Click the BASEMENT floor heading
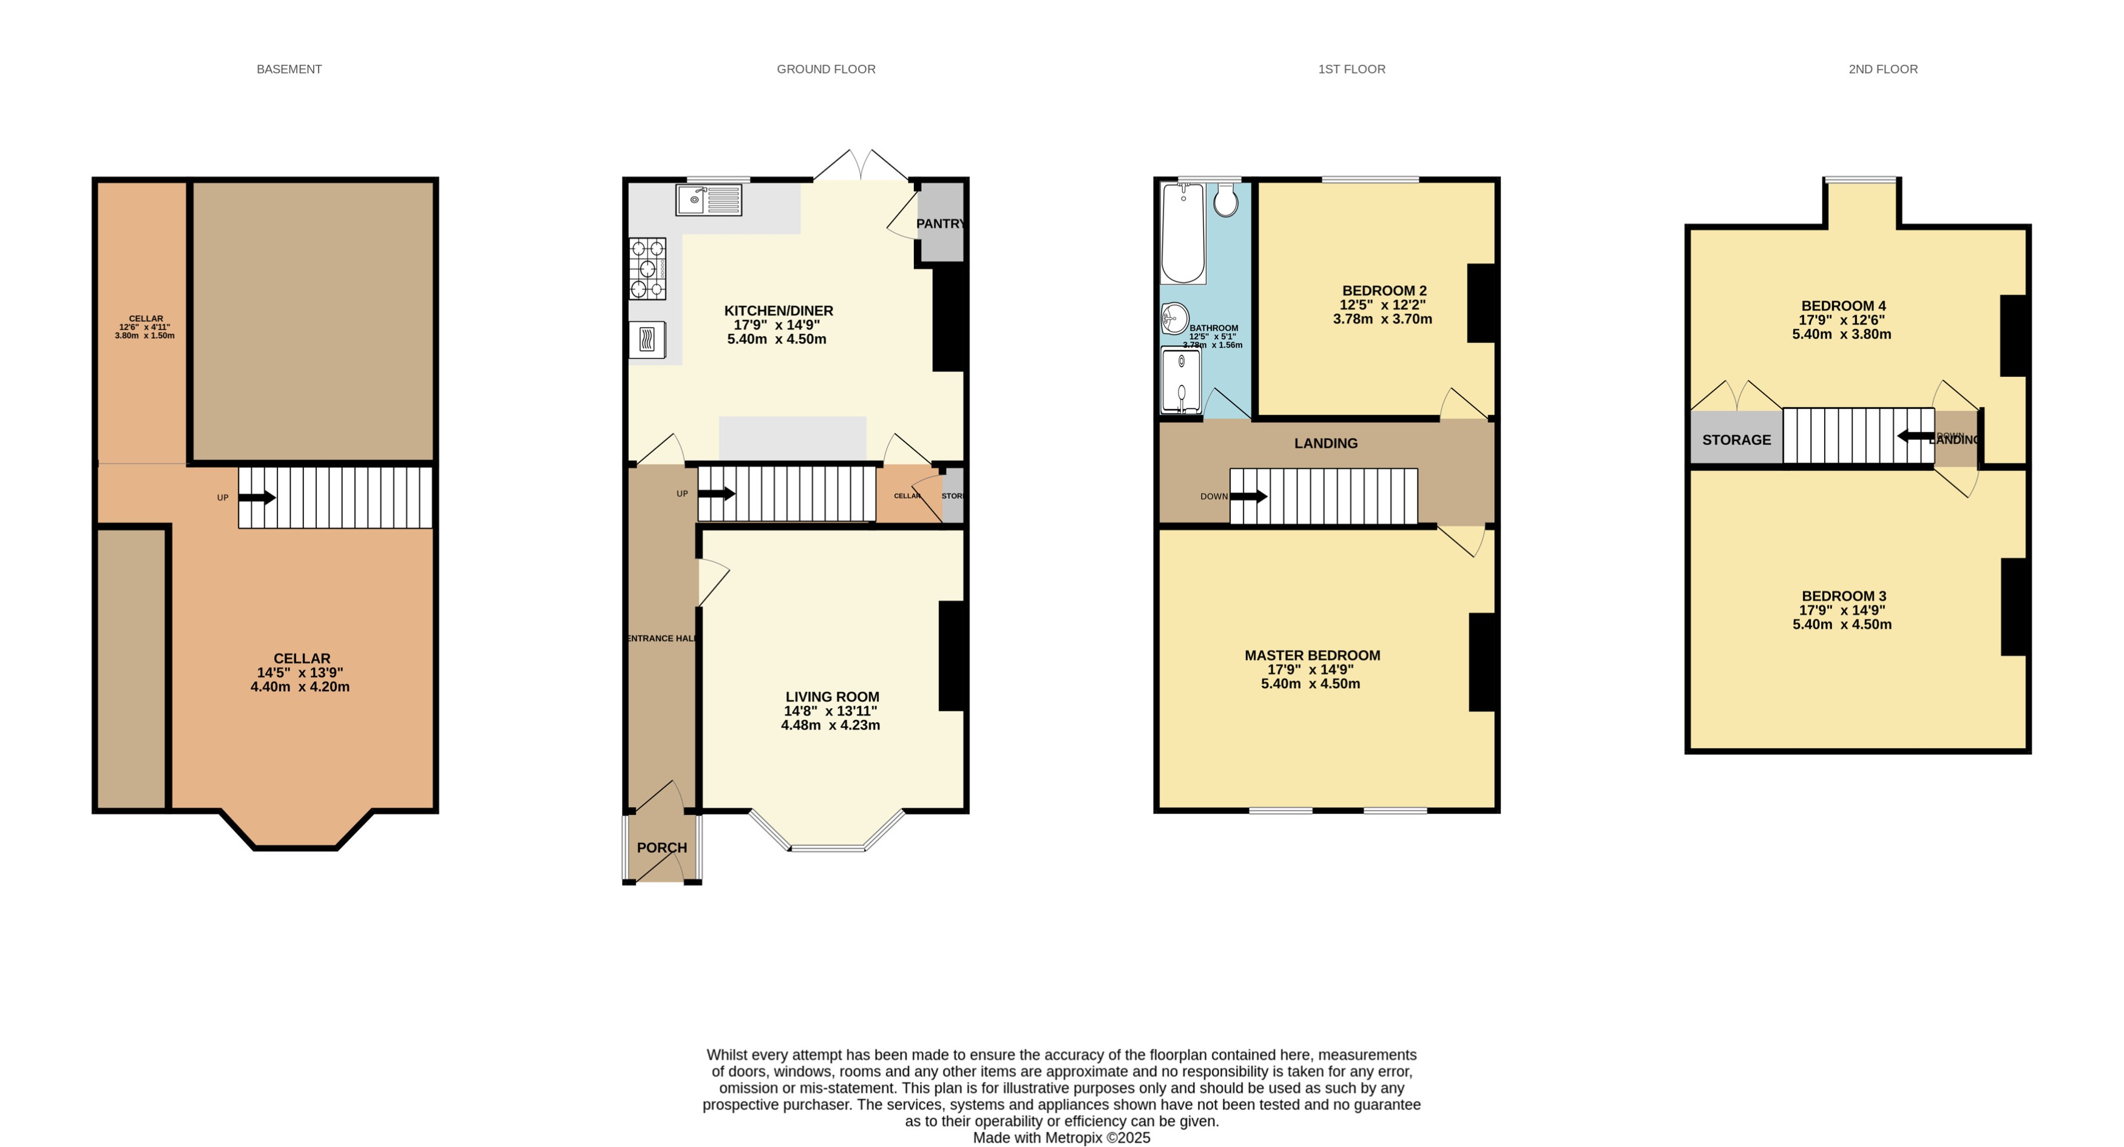(x=289, y=69)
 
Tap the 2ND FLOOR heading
(x=1882, y=69)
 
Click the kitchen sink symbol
(x=708, y=200)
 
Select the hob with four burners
(x=648, y=268)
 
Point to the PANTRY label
(x=940, y=223)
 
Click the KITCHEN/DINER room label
(x=779, y=311)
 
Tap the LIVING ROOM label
(x=831, y=697)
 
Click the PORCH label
(x=661, y=848)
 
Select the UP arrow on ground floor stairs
(x=717, y=494)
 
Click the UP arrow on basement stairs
(x=257, y=497)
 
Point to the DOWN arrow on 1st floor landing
(x=1248, y=496)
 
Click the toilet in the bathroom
(x=1225, y=200)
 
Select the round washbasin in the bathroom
(x=1175, y=317)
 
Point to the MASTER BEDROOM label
(x=1312, y=655)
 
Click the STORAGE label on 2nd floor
(x=1736, y=439)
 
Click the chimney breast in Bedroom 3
(x=2014, y=607)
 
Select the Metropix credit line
(x=1061, y=1138)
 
